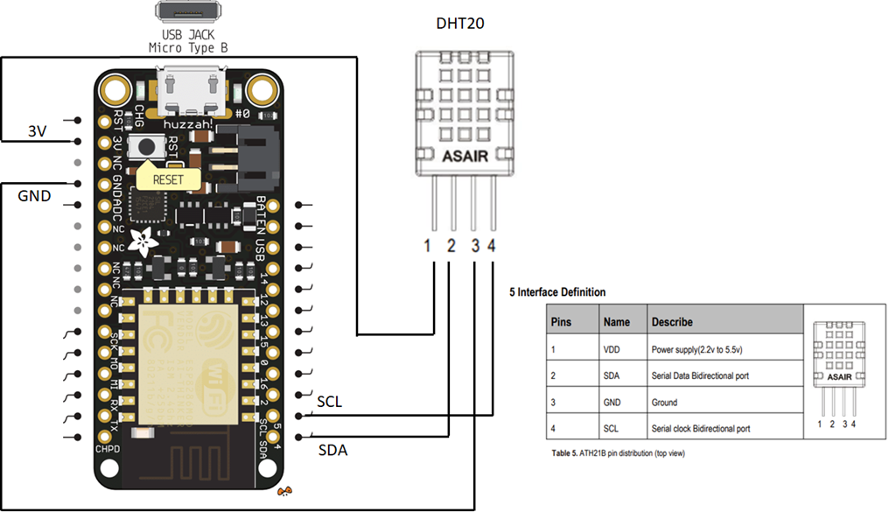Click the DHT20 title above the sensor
pyautogui.click(x=459, y=24)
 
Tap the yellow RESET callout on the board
pyautogui.click(x=168, y=179)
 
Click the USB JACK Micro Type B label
pyautogui.click(x=188, y=41)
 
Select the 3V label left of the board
pyautogui.click(x=36, y=131)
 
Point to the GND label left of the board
pyautogui.click(x=34, y=196)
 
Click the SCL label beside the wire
pyautogui.click(x=330, y=402)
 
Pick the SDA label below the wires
pyautogui.click(x=332, y=451)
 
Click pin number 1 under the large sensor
pyautogui.click(x=428, y=247)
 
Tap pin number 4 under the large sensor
pyautogui.click(x=492, y=247)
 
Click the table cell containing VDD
pyautogui.click(x=621, y=348)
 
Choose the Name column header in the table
pyautogui.click(x=617, y=321)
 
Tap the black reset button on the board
pyautogui.click(x=148, y=149)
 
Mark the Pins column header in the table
pyautogui.click(x=561, y=321)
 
